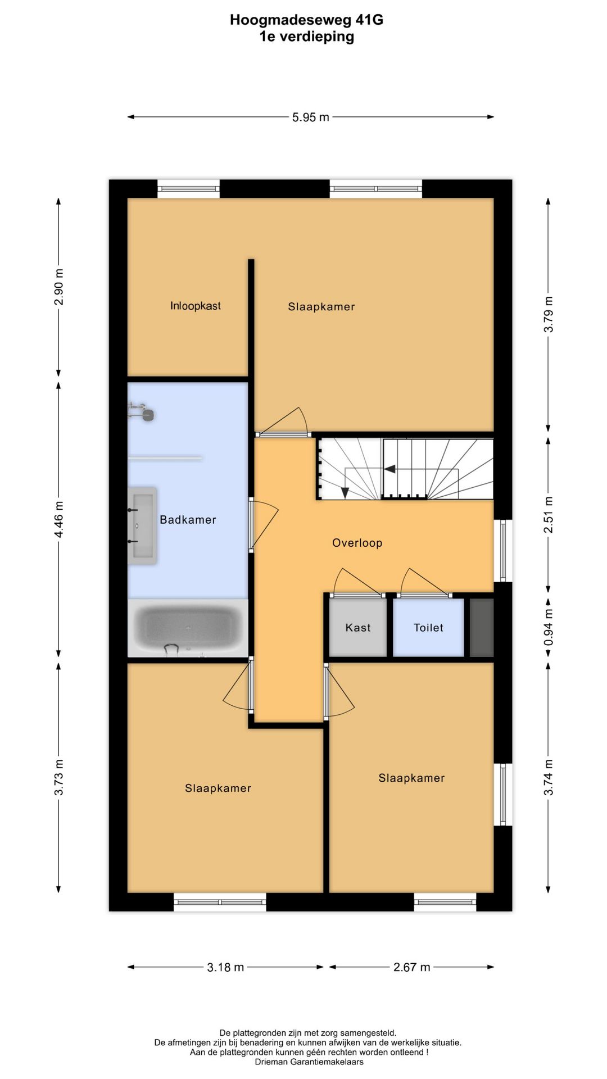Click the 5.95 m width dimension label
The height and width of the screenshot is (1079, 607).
[x=310, y=117]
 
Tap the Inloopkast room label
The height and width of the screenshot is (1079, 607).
[x=195, y=306]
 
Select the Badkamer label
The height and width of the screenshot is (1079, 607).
[x=188, y=520]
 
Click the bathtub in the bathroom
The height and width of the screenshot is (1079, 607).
[x=188, y=628]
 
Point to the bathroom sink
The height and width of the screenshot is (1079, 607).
[x=143, y=525]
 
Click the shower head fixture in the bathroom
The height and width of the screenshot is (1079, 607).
[x=147, y=415]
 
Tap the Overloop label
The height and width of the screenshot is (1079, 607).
[x=357, y=543]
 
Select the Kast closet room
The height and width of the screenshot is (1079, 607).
[x=357, y=627]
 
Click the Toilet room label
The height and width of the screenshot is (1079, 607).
[x=428, y=628]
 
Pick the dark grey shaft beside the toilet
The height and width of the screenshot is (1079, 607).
[x=481, y=627]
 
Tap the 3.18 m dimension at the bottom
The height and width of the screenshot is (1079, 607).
[x=225, y=967]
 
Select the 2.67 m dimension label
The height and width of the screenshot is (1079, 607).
[x=411, y=967]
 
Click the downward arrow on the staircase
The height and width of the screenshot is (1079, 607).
[x=345, y=492]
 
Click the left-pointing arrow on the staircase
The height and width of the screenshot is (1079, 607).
[x=389, y=469]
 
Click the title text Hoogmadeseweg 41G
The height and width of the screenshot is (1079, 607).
[x=306, y=20]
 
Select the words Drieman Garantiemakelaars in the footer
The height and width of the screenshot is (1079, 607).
[x=309, y=1062]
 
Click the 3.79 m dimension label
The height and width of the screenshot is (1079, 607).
[x=549, y=314]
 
